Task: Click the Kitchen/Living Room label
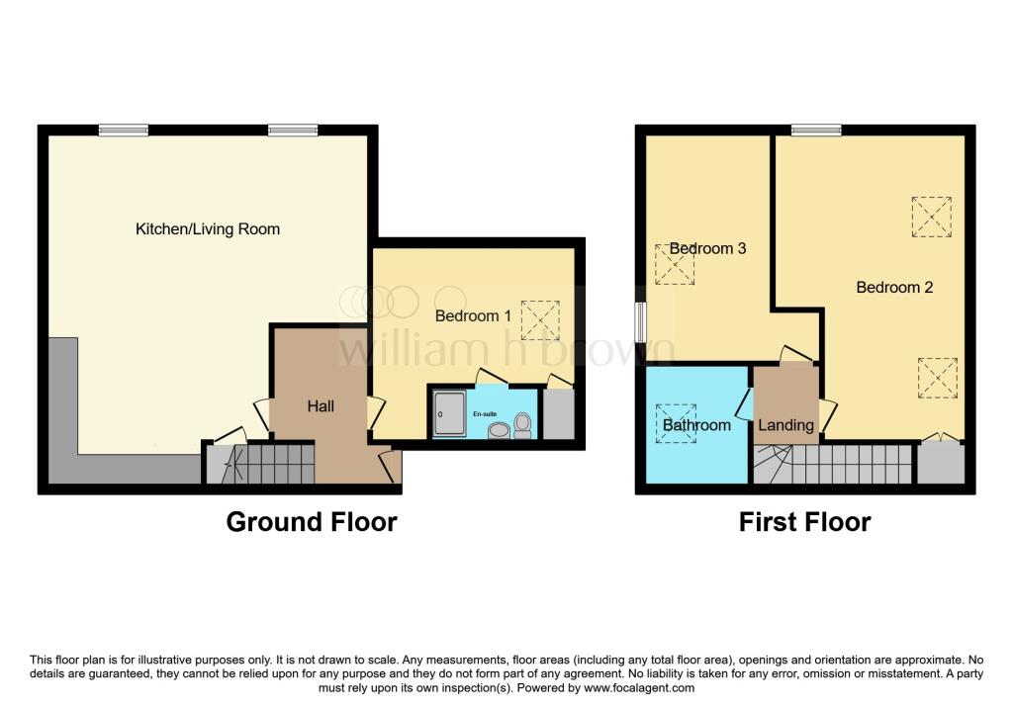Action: click(x=208, y=229)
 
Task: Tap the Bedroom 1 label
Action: click(x=473, y=315)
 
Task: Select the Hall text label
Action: click(x=321, y=406)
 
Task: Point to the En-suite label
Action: click(x=485, y=414)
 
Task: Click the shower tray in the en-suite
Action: click(x=449, y=413)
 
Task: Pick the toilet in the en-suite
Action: click(x=522, y=425)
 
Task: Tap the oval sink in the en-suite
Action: click(x=499, y=430)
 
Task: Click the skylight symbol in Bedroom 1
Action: click(x=540, y=320)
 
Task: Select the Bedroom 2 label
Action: click(x=894, y=288)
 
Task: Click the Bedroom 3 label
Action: click(x=707, y=248)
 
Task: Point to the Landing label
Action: click(x=785, y=425)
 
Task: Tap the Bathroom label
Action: click(x=696, y=425)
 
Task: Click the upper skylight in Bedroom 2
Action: click(x=932, y=217)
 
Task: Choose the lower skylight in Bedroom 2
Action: click(x=938, y=378)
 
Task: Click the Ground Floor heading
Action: click(x=312, y=522)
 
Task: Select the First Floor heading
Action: click(x=805, y=522)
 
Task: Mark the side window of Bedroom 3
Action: click(x=640, y=322)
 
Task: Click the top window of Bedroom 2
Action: click(x=816, y=130)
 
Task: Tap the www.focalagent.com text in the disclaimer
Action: click(x=639, y=687)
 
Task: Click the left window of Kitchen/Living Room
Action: click(x=124, y=130)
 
